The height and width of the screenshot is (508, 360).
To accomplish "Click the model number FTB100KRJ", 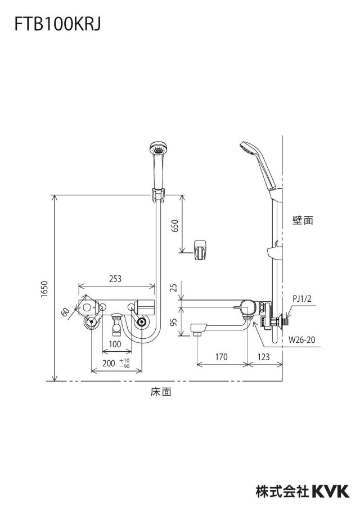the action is (57, 24).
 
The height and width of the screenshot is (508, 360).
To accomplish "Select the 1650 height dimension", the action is (45, 288).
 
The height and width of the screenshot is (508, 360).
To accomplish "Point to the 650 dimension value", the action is (175, 226).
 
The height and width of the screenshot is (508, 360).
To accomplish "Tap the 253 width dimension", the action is (115, 278).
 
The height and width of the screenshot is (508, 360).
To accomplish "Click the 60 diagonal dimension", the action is (65, 312).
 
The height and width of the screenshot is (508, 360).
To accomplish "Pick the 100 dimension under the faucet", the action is (115, 344).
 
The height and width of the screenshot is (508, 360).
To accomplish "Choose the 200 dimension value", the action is (109, 363).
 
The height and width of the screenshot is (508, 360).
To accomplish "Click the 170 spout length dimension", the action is (221, 357).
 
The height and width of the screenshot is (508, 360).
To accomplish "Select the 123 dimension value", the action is (264, 357).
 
